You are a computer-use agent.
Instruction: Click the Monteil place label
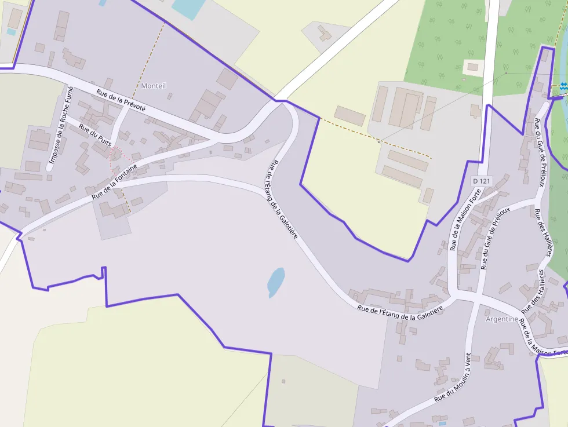click(154, 86)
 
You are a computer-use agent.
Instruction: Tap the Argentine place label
click(501, 319)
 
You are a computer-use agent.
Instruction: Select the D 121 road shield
click(482, 181)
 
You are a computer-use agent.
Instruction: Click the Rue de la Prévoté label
click(121, 100)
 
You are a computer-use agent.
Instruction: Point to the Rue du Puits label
click(94, 135)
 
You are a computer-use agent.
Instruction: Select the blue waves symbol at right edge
click(563, 86)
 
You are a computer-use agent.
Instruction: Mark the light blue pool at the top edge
click(187, 8)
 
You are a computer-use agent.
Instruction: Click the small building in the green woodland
click(473, 67)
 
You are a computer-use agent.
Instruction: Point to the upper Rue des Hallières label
click(543, 232)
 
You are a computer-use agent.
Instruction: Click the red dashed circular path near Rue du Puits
click(118, 156)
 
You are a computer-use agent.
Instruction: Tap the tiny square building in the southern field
click(283, 381)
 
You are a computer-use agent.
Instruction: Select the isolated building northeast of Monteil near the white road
click(325, 33)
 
